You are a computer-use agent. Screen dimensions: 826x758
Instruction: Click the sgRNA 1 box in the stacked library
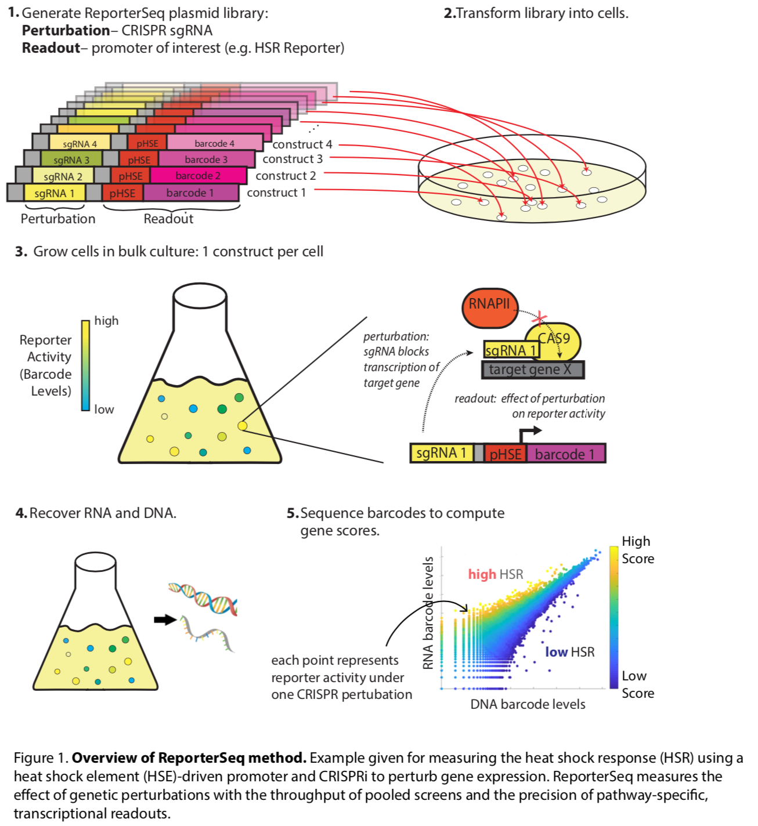(x=55, y=193)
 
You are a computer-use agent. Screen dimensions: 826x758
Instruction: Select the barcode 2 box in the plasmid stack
(x=198, y=176)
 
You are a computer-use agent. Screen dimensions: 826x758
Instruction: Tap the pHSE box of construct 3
(x=139, y=160)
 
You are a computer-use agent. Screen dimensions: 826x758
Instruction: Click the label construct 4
(x=302, y=144)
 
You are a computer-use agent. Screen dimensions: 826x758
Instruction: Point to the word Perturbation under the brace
(x=58, y=219)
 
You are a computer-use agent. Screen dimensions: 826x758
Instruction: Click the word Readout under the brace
(x=168, y=219)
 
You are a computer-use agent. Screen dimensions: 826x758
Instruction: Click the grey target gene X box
(x=532, y=369)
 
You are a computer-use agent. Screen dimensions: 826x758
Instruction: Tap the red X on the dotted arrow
(x=540, y=317)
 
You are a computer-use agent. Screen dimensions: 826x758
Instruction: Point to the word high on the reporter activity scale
(x=106, y=321)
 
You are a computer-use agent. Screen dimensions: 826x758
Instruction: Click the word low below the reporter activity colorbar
(x=104, y=410)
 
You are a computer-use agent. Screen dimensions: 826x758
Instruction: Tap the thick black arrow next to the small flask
(x=165, y=619)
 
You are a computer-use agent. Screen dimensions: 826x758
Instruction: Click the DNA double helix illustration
(x=203, y=599)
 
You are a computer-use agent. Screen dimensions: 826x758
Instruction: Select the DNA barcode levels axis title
(x=528, y=704)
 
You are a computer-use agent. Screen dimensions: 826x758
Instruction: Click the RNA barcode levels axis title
(x=428, y=613)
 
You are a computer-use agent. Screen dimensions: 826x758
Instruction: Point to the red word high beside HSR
(x=482, y=574)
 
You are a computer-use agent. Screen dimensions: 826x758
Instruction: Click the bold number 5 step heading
(x=293, y=513)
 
